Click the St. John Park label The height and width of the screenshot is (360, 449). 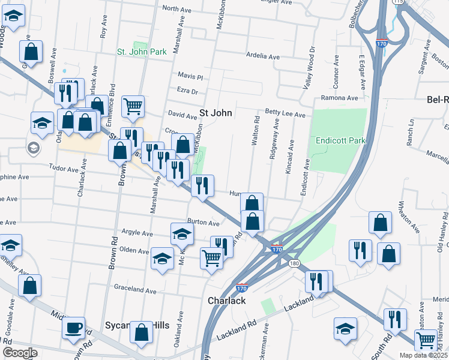point(142,52)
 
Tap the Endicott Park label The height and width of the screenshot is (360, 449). point(337,140)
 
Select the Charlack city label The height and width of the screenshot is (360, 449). point(226,301)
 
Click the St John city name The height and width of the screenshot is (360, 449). point(215,113)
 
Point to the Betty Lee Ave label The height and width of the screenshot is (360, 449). point(285,113)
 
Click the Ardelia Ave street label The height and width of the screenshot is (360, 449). point(263,57)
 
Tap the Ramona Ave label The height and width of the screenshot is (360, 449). point(339,98)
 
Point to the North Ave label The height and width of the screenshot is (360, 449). point(176,8)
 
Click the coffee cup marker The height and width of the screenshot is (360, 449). point(74,328)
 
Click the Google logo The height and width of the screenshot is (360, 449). point(20,353)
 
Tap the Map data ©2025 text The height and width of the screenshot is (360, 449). point(423,355)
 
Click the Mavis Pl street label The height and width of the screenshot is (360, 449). point(191,77)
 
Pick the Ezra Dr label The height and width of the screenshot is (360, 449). point(187,91)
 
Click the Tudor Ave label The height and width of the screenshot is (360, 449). point(64,169)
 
